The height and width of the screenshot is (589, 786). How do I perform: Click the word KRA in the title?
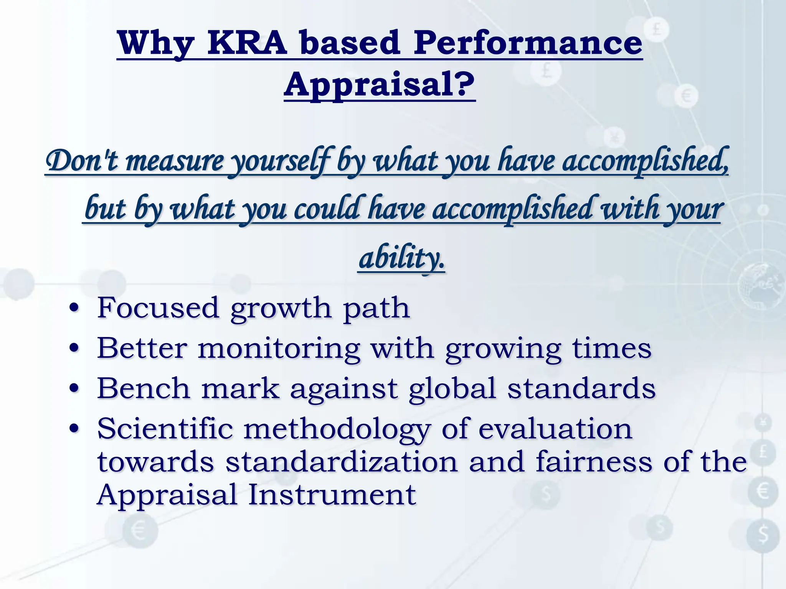tap(247, 43)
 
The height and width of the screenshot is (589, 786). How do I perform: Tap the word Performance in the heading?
tap(528, 43)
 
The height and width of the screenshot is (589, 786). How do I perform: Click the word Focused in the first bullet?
tap(158, 308)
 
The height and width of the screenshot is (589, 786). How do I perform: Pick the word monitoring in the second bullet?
tap(279, 349)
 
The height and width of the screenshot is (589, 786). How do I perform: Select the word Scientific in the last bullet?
tap(165, 429)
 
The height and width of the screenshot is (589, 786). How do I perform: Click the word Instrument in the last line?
tap(332, 495)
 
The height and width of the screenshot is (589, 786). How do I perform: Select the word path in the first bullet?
tap(376, 309)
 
